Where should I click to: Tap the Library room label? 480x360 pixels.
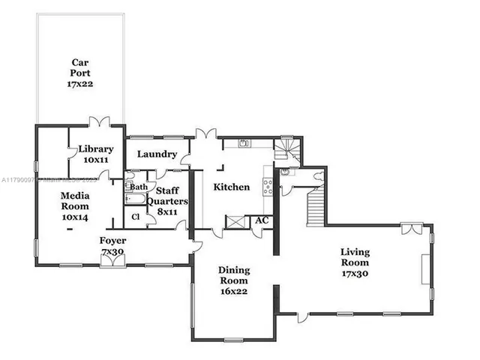point(96,154)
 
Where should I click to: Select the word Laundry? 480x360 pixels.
point(157,154)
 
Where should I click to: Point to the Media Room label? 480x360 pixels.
point(75,206)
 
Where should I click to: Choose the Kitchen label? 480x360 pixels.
point(231,187)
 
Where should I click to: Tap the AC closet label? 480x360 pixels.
point(262,220)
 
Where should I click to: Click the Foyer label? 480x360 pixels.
point(112,245)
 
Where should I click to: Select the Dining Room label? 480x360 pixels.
point(234,280)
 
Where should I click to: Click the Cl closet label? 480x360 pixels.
point(136,217)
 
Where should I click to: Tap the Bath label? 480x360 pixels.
point(139,187)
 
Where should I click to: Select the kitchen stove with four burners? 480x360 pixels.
point(267,186)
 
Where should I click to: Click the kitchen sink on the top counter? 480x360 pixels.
point(244,142)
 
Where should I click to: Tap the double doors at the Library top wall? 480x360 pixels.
point(99,120)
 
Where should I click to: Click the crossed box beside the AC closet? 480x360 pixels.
point(235,222)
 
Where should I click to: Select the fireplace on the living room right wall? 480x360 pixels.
point(427,270)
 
